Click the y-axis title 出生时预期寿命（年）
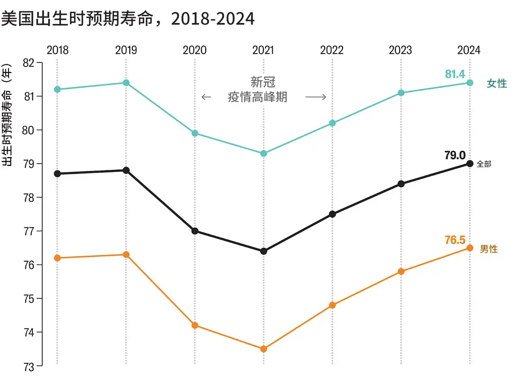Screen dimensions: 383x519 7,116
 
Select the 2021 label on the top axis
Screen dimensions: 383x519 263,50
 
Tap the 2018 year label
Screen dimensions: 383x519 57,50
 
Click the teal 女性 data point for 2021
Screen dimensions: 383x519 264,153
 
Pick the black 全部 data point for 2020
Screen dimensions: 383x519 195,231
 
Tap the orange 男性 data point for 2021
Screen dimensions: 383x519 264,349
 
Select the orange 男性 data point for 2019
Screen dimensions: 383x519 126,255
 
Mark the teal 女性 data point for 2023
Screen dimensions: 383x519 401,93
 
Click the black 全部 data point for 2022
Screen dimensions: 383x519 332,214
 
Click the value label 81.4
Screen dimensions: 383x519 455,75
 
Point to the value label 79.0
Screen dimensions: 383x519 455,155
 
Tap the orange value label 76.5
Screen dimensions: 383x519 455,240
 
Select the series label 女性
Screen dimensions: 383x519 496,84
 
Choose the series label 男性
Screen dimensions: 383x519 489,249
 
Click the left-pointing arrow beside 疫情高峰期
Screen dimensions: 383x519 206,97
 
